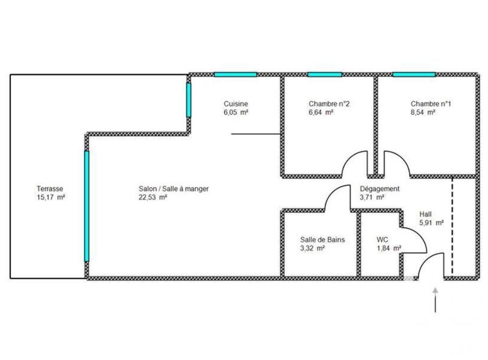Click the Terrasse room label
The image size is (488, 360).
click(50, 189)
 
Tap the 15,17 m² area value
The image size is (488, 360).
click(51, 198)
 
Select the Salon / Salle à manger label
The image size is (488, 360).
click(174, 189)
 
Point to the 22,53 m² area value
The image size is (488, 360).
click(153, 198)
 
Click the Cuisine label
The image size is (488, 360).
click(235, 104)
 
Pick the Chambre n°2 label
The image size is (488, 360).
click(329, 104)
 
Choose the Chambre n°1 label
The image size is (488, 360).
click(431, 104)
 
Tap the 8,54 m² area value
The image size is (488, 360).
click(423, 112)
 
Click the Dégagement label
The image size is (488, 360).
click(379, 189)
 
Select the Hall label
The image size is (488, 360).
click(426, 214)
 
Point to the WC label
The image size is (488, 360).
click(382, 240)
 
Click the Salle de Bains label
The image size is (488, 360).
click(323, 240)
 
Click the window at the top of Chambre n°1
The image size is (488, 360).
click(413, 74)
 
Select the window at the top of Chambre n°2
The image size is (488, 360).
click(324, 74)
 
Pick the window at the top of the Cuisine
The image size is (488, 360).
click(235, 74)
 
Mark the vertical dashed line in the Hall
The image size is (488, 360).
click(452, 226)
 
